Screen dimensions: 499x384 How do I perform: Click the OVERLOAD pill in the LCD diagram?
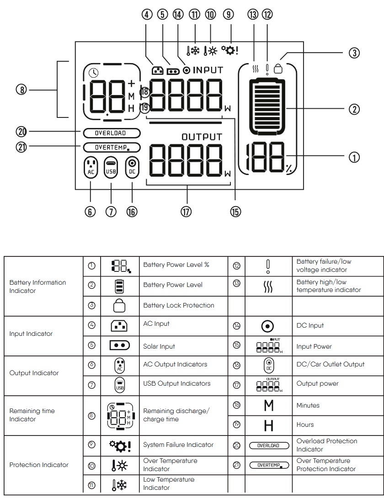112,133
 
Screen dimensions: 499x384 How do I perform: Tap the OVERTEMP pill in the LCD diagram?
112,148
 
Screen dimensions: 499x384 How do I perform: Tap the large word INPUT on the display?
208,70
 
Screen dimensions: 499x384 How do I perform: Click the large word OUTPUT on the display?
202,137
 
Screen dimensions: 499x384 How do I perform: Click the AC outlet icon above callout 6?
91,167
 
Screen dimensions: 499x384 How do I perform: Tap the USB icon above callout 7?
111,167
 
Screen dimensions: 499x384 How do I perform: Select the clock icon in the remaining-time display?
94,72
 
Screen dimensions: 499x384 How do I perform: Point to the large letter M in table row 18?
269,406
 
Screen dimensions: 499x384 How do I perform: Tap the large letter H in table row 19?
269,425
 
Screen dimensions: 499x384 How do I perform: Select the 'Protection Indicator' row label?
39,465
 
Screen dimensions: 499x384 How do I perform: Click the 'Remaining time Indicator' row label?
32,415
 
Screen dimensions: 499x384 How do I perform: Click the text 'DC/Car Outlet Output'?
331,364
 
